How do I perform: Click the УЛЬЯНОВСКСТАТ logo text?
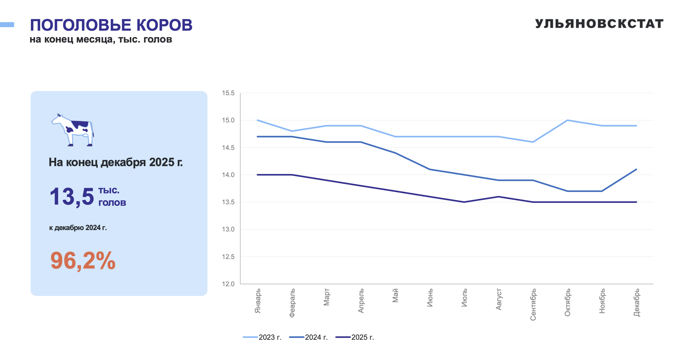pyautogui.click(x=599, y=24)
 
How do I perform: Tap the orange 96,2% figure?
pyautogui.click(x=83, y=261)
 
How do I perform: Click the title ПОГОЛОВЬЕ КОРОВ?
pyautogui.click(x=111, y=25)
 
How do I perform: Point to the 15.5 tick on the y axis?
pyautogui.click(x=228, y=93)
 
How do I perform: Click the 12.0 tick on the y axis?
pyautogui.click(x=228, y=284)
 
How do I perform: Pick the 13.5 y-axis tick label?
pyautogui.click(x=228, y=202)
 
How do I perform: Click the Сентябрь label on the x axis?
pyautogui.click(x=533, y=304)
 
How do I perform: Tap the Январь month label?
pyautogui.click(x=258, y=301)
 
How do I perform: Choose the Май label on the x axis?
pyautogui.click(x=395, y=295)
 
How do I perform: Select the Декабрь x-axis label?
pyautogui.click(x=637, y=302)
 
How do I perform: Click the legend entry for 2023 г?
pyautogui.click(x=263, y=337)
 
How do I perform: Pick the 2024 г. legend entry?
pyautogui.click(x=309, y=337)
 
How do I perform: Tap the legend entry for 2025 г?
pyautogui.click(x=355, y=337)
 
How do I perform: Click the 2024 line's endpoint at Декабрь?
pyautogui.click(x=636, y=169)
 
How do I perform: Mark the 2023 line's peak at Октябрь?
pyautogui.click(x=567, y=120)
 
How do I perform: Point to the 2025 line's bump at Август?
pyautogui.click(x=499, y=197)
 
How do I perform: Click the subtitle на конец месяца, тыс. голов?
pyautogui.click(x=101, y=39)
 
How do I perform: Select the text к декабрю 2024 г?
pyautogui.click(x=78, y=228)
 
